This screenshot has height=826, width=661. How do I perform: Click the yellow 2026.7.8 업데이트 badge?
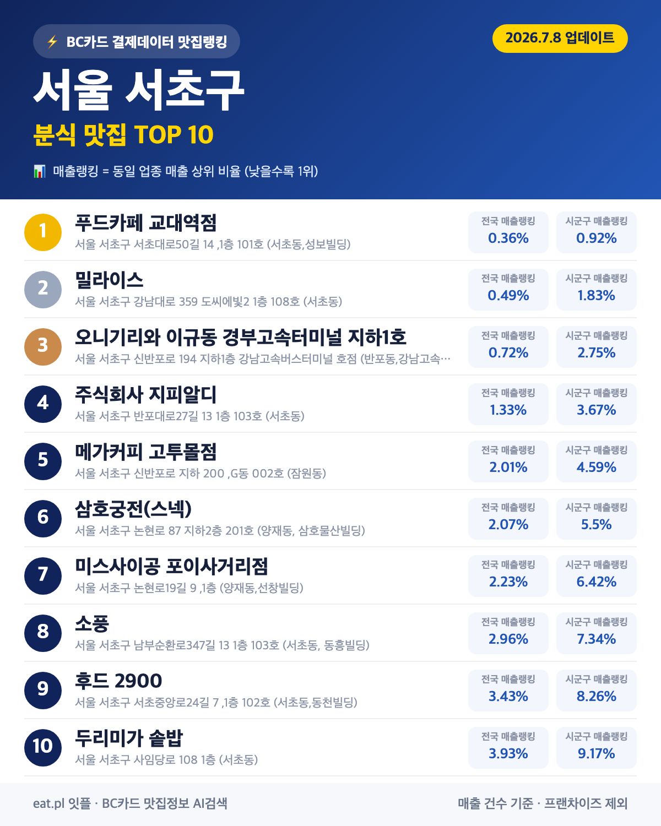tap(560, 39)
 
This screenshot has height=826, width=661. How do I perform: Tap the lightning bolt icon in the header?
tap(52, 41)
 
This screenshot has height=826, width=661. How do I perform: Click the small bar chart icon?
tap(40, 171)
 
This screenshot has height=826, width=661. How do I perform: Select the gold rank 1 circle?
tap(43, 232)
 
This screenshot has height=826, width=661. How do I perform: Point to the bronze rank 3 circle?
tap(43, 346)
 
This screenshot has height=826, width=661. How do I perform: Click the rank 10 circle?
tap(43, 747)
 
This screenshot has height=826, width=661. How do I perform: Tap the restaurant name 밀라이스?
tap(109, 280)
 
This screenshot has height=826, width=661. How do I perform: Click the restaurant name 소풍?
tap(92, 623)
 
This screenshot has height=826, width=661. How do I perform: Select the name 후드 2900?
tap(118, 681)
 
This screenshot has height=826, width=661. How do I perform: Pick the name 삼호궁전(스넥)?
tap(133, 509)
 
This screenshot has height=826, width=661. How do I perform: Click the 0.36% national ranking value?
tap(508, 238)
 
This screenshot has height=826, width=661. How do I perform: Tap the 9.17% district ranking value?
tap(596, 753)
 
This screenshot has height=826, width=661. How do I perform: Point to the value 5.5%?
tap(596, 524)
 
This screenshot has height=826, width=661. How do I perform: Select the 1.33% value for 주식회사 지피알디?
tap(508, 410)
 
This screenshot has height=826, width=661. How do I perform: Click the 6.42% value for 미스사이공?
tap(596, 582)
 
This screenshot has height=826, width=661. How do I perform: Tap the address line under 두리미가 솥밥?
tap(166, 759)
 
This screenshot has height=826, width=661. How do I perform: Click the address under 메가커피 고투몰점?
tap(201, 473)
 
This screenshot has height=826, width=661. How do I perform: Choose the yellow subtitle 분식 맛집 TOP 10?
tap(123, 134)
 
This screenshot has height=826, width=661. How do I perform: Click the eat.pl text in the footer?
tap(48, 803)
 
